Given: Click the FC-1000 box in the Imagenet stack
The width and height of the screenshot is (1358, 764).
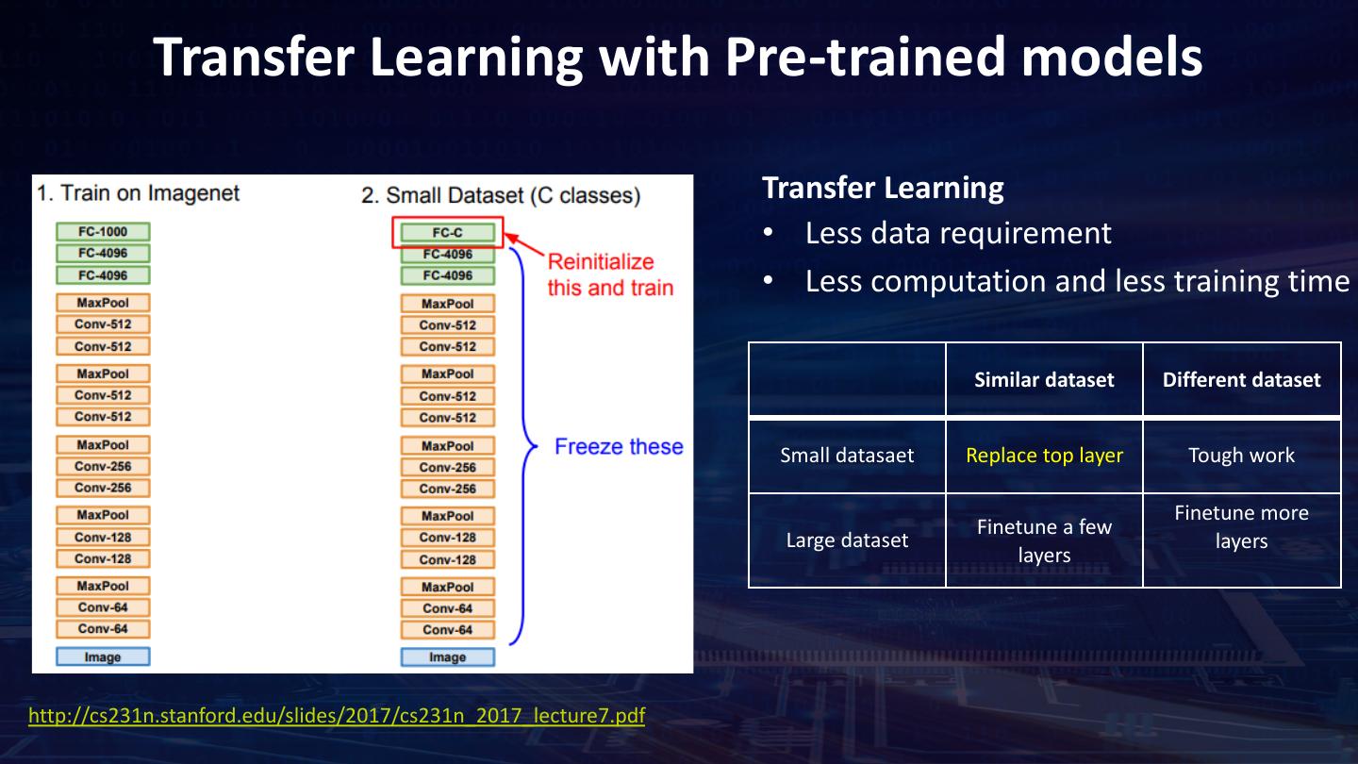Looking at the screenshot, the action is click(103, 232).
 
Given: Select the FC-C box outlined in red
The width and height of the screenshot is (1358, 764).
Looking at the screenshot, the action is click(447, 233).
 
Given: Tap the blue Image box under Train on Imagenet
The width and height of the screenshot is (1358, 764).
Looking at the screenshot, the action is click(103, 656).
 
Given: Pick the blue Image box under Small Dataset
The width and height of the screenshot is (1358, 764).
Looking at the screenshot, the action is click(447, 657).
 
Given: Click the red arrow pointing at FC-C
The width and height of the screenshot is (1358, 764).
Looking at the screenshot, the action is click(524, 244).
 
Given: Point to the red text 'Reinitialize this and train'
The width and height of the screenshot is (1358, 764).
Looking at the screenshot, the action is click(610, 274).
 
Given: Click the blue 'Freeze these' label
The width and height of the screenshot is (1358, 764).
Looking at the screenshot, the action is click(619, 447).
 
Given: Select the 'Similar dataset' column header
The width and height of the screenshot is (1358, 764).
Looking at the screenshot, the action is click(1044, 379).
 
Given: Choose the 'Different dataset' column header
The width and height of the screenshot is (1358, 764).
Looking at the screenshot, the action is click(1242, 379).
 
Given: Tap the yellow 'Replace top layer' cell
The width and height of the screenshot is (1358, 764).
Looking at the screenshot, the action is click(1044, 456).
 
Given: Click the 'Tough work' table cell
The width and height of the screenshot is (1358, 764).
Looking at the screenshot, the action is click(1242, 456).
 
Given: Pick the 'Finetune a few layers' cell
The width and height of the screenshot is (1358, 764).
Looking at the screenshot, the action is click(1044, 540).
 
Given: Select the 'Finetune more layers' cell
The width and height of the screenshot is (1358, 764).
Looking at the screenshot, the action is click(1242, 527).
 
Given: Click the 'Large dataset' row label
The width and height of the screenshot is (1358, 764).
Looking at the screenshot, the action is click(847, 540).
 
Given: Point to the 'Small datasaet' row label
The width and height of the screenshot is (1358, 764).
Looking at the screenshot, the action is click(847, 456).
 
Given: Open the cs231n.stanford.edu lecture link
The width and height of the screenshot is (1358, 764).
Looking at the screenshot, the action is click(337, 716).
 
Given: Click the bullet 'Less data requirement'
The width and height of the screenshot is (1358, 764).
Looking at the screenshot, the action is click(958, 234).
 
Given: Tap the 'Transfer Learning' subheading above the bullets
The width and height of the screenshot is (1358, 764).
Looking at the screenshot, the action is click(883, 188).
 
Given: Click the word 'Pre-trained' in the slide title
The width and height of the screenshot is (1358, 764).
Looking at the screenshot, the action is click(865, 57).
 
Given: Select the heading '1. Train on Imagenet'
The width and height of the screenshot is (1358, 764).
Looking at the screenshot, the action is click(139, 193).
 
